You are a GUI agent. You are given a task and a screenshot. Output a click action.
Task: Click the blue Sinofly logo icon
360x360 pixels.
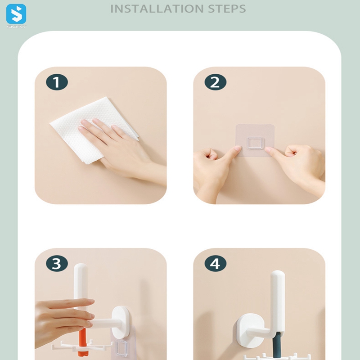pyautogui.click(x=16, y=14)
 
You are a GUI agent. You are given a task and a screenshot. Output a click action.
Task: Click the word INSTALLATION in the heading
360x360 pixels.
pyautogui.click(x=157, y=9)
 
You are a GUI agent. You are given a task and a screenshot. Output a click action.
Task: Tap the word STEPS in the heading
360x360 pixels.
pyautogui.click(x=227, y=9)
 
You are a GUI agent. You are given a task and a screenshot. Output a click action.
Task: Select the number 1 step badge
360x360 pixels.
pyautogui.click(x=57, y=82)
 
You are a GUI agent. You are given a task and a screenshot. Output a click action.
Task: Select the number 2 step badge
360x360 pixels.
pyautogui.click(x=216, y=82)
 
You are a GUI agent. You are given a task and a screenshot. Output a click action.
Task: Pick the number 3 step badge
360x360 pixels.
pyautogui.click(x=57, y=263)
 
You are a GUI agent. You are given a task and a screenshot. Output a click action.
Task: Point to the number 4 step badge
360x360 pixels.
pyautogui.click(x=216, y=263)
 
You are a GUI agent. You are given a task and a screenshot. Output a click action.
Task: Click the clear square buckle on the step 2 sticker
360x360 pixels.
pyautogui.click(x=255, y=144)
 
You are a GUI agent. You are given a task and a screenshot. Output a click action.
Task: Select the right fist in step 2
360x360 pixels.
pyautogui.click(x=298, y=165)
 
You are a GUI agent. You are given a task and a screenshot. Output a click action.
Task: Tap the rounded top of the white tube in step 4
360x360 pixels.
pyautogui.click(x=278, y=275)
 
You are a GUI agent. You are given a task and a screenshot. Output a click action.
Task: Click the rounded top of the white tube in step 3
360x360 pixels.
pyautogui.click(x=81, y=268)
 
